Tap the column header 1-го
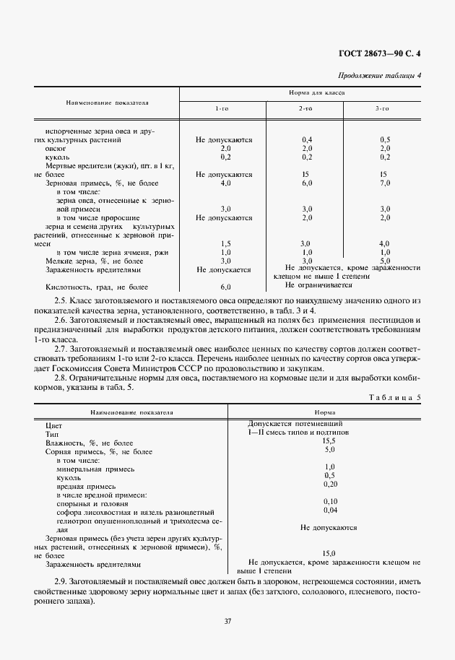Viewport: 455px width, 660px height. pyautogui.click(x=223, y=108)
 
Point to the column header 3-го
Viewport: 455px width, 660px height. pyautogui.click(x=381, y=108)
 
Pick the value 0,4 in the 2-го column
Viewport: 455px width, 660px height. pyautogui.click(x=305, y=139)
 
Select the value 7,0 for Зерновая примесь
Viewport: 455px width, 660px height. pyautogui.click(x=384, y=183)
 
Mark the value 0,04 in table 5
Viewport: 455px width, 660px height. pyautogui.click(x=329, y=510)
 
